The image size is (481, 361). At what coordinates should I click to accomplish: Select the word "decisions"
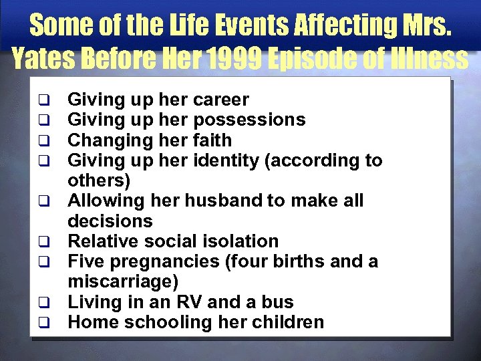110,221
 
